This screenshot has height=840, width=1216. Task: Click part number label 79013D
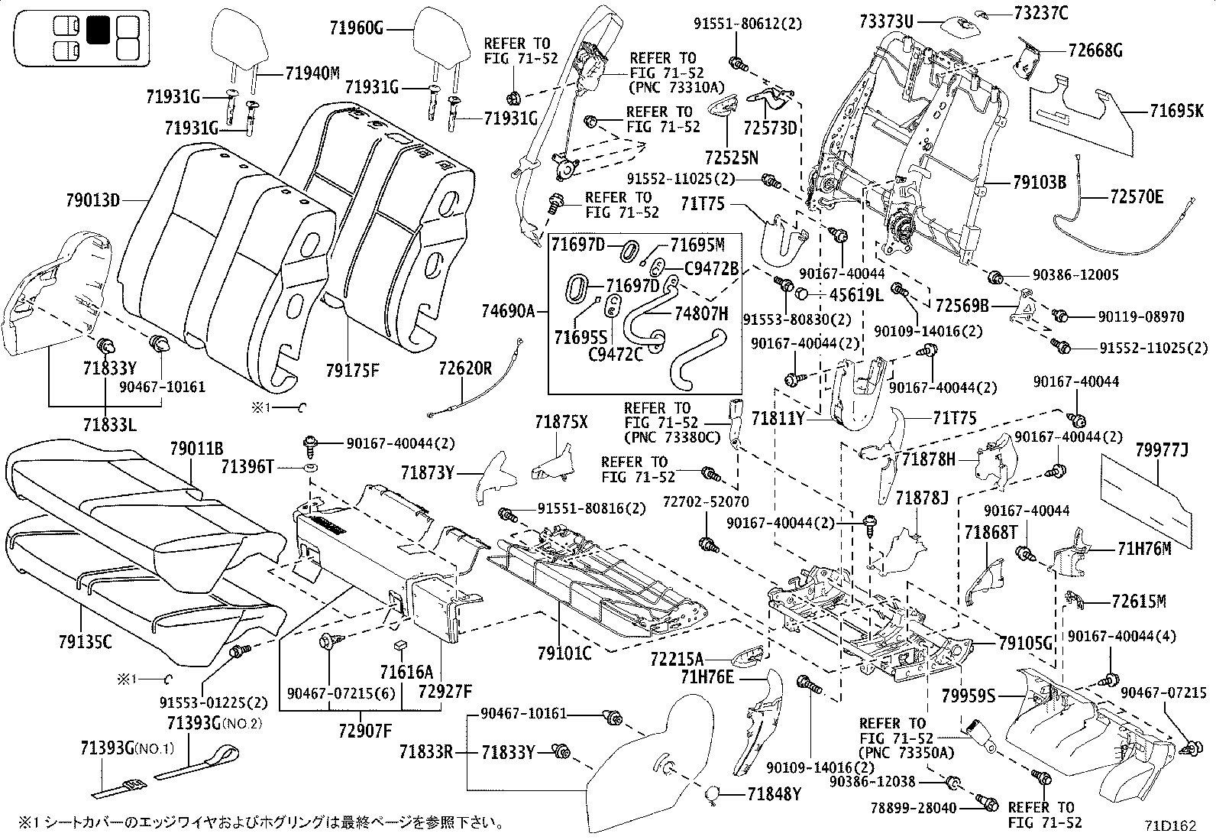tap(91, 201)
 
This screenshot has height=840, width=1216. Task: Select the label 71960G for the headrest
tap(356, 29)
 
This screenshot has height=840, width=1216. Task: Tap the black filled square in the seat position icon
tap(98, 30)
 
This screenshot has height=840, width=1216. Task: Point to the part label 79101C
tap(564, 653)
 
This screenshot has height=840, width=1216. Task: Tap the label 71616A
tap(406, 672)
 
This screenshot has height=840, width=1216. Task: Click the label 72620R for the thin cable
tap(465, 368)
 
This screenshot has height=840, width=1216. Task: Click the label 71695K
tap(1182, 111)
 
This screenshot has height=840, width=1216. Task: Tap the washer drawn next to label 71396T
tap(312, 466)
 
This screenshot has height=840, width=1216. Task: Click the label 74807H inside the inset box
tap(701, 313)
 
